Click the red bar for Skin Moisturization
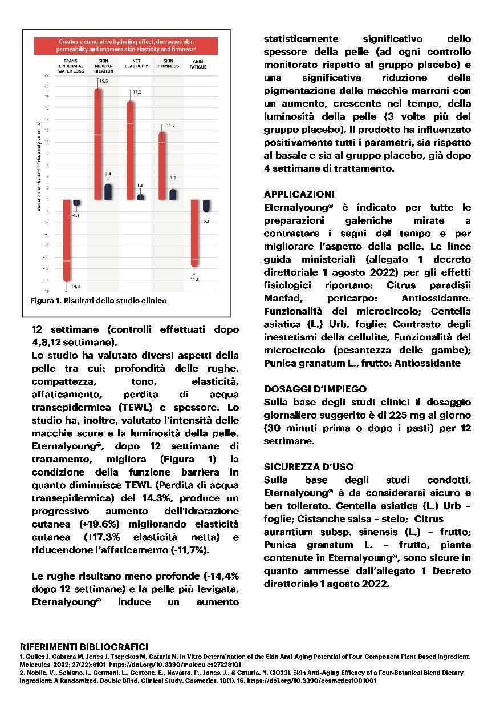(99, 143)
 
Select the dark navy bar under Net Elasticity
(140, 196)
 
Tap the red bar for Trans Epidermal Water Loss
(66, 240)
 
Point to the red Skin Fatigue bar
(195, 233)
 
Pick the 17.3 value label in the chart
(137, 92)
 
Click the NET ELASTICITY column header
(133, 63)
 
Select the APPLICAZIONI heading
(299, 194)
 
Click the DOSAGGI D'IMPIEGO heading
(315, 389)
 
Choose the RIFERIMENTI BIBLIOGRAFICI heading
(84, 647)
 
